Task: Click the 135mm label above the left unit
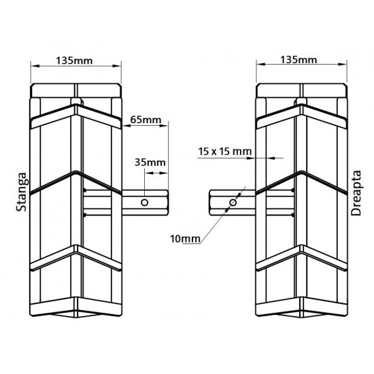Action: click(76, 61)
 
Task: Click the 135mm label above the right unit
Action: click(298, 61)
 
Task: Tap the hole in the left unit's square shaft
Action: click(144, 203)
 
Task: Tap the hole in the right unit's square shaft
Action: click(233, 203)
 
